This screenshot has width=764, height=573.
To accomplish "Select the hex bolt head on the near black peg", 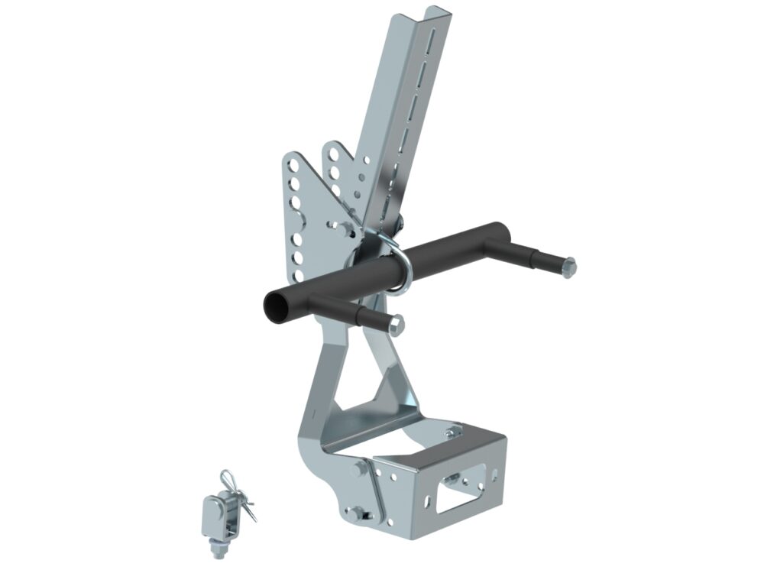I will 397,326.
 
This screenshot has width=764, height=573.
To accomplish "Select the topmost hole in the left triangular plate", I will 293,164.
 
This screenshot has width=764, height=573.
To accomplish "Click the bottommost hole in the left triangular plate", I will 300,274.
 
